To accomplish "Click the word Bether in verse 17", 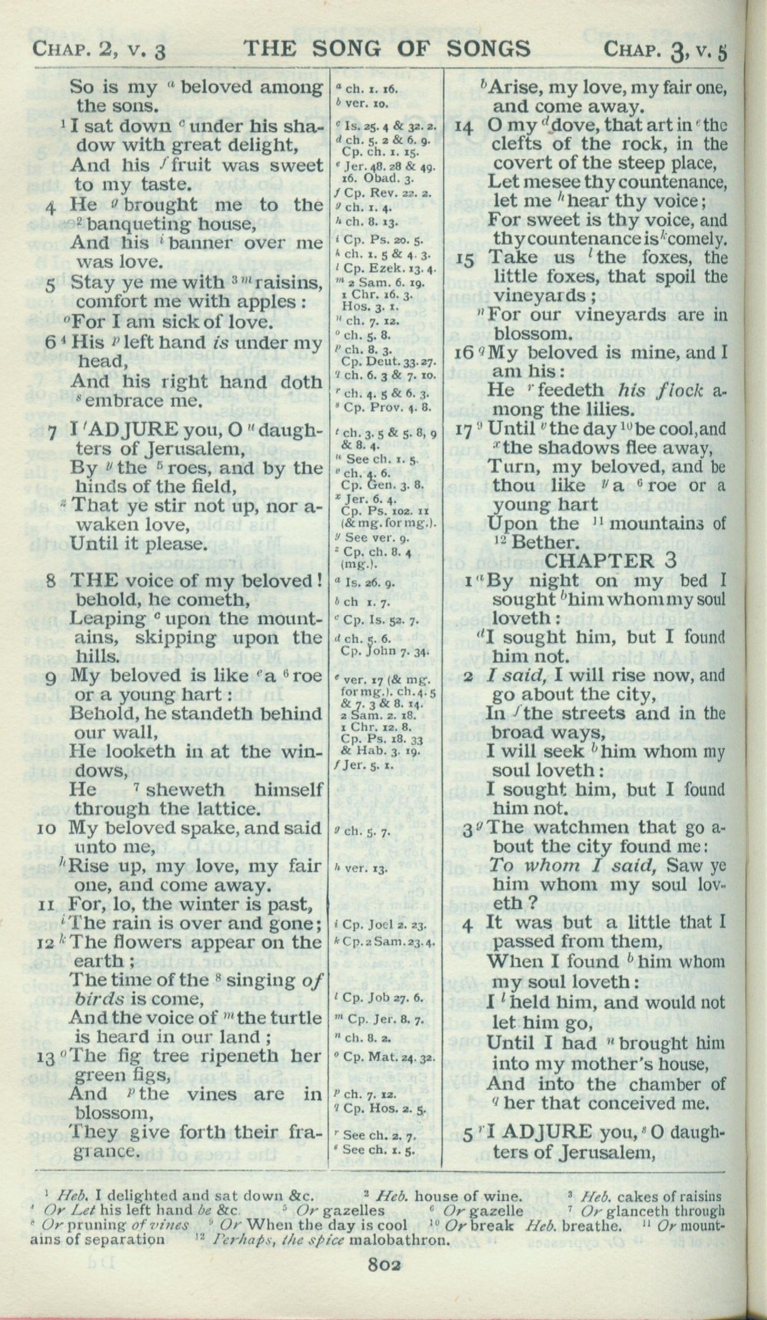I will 546,542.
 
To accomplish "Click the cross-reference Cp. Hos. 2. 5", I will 386,1109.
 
